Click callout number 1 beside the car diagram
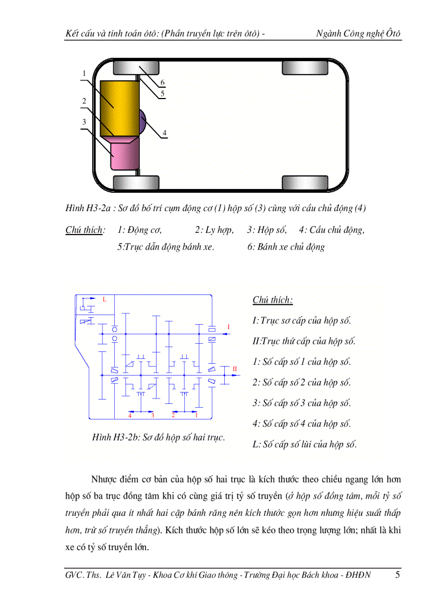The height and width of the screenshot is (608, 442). click(x=84, y=73)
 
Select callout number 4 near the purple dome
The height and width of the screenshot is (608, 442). click(x=164, y=133)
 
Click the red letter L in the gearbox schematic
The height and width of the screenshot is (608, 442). click(x=105, y=299)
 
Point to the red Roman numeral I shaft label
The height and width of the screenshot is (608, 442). click(x=229, y=327)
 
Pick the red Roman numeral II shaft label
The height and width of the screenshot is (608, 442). click(x=235, y=369)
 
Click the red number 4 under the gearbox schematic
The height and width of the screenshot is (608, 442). click(x=130, y=415)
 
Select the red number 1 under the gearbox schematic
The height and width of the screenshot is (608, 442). click(x=196, y=415)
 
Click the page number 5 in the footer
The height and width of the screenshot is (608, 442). click(x=397, y=575)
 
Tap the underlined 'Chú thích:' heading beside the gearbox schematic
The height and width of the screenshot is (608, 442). click(x=272, y=300)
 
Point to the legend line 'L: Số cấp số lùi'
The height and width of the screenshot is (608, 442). click(x=304, y=445)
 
